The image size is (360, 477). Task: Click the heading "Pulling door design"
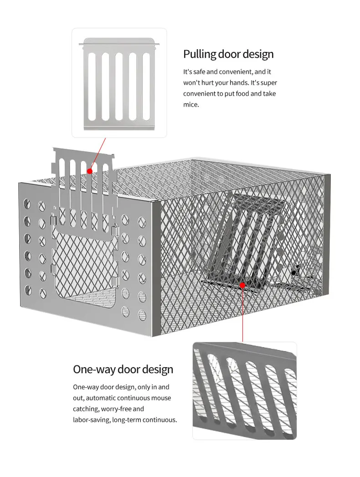tap(228, 54)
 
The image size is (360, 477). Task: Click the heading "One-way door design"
tap(123, 369)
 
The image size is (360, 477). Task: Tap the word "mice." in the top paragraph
tap(191, 105)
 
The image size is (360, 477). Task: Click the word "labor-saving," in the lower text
tap(92, 420)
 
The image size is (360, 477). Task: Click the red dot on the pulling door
tap(90, 171)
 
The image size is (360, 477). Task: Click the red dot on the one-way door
tap(242, 285)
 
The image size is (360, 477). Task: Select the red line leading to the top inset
tap(98, 154)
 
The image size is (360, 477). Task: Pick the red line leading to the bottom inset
tap(242, 313)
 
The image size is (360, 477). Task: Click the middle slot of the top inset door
tap(119, 87)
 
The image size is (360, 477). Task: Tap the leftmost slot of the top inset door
tap(92, 87)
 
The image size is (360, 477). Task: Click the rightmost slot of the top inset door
tap(146, 87)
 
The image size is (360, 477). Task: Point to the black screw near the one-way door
tap(293, 273)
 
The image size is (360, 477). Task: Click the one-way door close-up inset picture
tap(245, 390)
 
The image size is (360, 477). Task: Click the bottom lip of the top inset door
tap(119, 128)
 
